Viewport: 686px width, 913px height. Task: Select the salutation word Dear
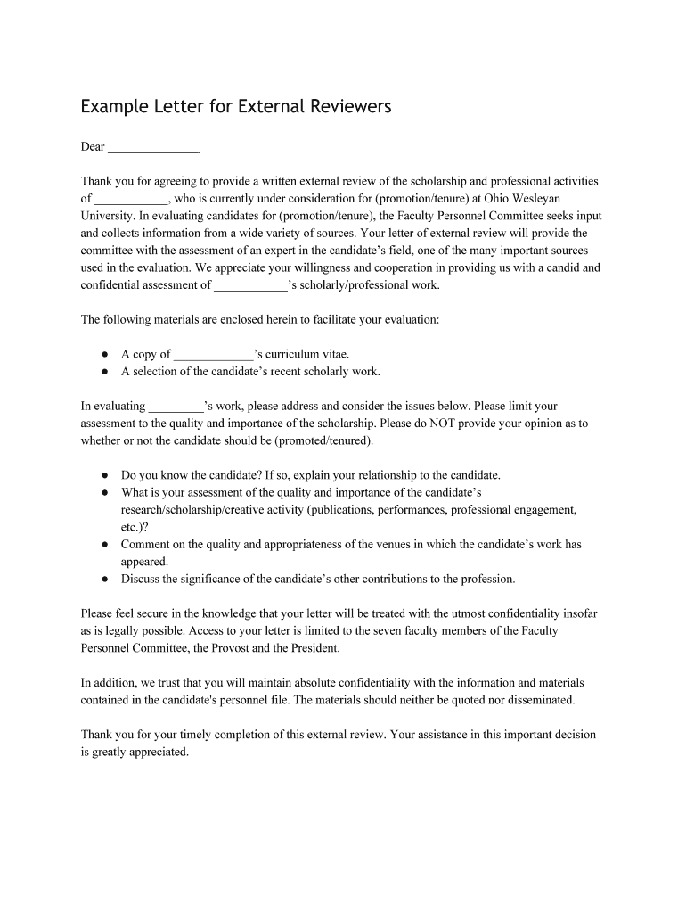pos(93,146)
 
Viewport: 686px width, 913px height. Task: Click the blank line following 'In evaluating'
pos(176,407)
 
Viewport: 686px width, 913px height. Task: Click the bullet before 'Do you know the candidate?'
pos(104,475)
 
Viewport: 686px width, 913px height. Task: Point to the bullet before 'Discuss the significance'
pos(104,580)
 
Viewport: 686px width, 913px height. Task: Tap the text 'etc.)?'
pos(137,527)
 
